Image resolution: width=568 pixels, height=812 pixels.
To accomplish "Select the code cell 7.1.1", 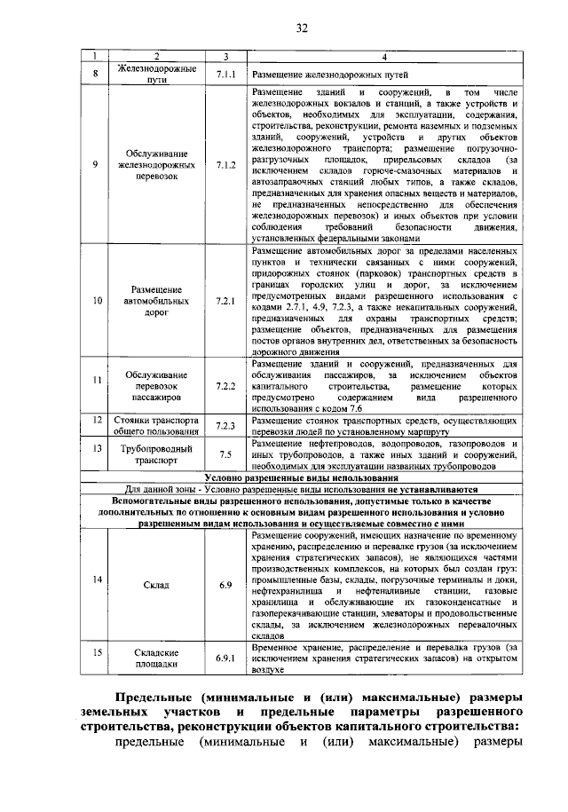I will point(225,75).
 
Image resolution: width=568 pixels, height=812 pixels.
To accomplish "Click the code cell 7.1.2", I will point(225,165).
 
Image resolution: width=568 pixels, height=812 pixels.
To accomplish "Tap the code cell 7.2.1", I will point(225,301).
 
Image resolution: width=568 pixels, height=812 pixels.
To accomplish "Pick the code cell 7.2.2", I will point(225,387).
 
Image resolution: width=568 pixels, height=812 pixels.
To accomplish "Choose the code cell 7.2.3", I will point(225,425).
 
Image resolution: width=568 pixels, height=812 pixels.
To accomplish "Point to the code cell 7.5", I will point(225,454).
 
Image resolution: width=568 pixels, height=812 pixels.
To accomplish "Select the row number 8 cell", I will point(95,75).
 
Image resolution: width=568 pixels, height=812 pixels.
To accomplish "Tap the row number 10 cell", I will point(95,301).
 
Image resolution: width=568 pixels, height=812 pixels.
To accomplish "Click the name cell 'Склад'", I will point(149,585).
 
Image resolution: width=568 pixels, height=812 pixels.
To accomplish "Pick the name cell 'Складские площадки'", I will point(149,658).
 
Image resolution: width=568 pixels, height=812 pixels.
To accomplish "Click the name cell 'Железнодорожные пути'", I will point(149,75).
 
